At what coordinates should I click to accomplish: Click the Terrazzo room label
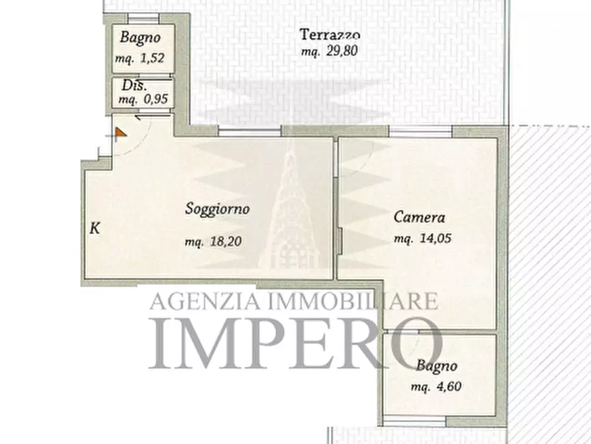click(x=329, y=35)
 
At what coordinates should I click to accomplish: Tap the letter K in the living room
click(x=95, y=229)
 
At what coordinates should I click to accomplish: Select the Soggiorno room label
click(x=217, y=209)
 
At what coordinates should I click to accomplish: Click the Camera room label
click(x=420, y=217)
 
